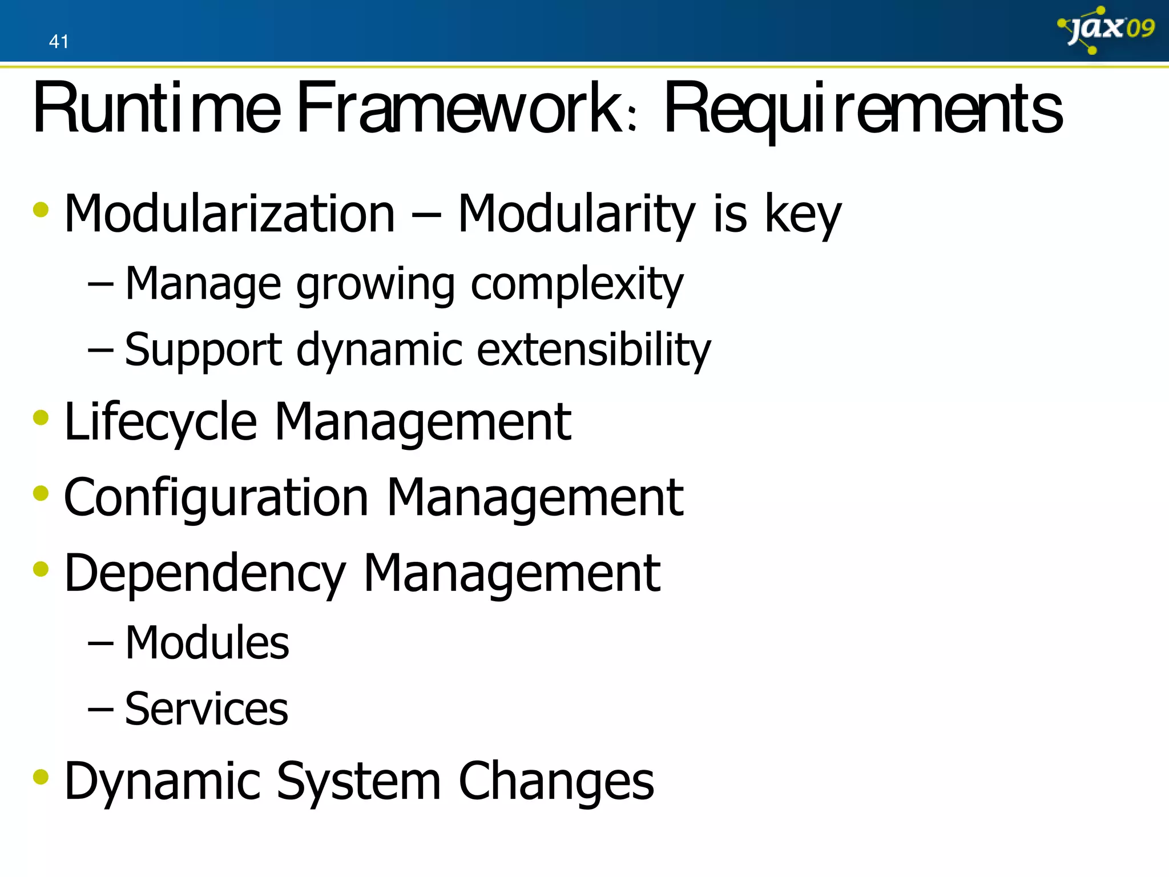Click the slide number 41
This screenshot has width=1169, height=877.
coord(59,42)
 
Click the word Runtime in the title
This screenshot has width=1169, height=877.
coord(157,108)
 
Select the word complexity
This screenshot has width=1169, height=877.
coord(577,284)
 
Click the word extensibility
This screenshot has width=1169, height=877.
coord(594,350)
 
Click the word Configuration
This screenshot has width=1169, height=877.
coord(216,498)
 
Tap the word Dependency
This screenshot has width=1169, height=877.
coord(205,574)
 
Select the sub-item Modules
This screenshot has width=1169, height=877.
coord(207,643)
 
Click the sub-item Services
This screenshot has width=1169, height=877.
coord(206,709)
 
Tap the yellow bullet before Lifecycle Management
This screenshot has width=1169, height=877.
coord(41,417)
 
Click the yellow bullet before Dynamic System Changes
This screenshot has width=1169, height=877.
coord(41,777)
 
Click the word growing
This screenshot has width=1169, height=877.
coord(375,285)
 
